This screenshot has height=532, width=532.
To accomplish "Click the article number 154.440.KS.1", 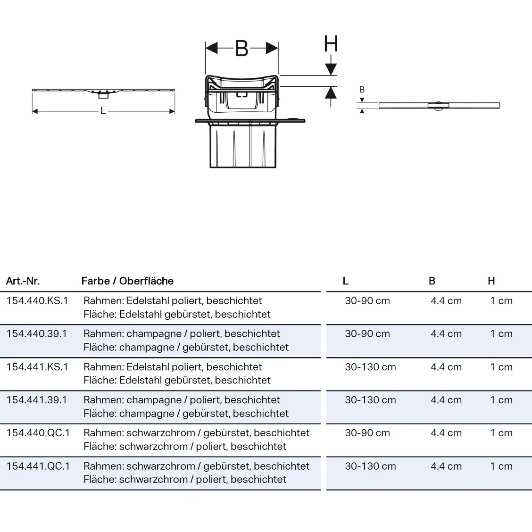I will pyautogui.click(x=37, y=301).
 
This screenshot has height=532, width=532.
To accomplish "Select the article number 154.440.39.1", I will pyautogui.click(x=37, y=334).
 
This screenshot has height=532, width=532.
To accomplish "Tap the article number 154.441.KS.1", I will pyautogui.click(x=37, y=367).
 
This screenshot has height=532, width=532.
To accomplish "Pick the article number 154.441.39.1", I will pyautogui.click(x=37, y=400).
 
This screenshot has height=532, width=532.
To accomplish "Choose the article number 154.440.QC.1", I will pyautogui.click(x=38, y=433).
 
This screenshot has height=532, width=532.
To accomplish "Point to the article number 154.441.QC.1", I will pyautogui.click(x=38, y=466).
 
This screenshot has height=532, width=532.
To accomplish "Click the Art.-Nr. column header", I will pyautogui.click(x=23, y=281).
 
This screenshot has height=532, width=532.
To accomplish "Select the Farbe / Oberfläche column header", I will pyautogui.click(x=127, y=281).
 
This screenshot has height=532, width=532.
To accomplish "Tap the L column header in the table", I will pyautogui.click(x=346, y=281).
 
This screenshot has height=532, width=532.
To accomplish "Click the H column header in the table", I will pyautogui.click(x=491, y=281).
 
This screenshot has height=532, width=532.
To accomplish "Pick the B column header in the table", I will pyautogui.click(x=432, y=281).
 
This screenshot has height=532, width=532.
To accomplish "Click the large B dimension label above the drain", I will pyautogui.click(x=241, y=48).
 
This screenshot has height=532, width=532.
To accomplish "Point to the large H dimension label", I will pyautogui.click(x=331, y=44).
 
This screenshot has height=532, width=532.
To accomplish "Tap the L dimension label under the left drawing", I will pyautogui.click(x=103, y=111).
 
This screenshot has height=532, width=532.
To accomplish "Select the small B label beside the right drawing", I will pyautogui.click(x=362, y=90).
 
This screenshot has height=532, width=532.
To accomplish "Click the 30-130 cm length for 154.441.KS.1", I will pyautogui.click(x=370, y=367).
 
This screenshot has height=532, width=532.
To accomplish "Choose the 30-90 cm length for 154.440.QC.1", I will pyautogui.click(x=367, y=433).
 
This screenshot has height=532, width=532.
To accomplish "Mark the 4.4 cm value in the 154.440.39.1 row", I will pyautogui.click(x=446, y=334).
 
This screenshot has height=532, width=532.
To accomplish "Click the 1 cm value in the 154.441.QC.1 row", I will pyautogui.click(x=501, y=466).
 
